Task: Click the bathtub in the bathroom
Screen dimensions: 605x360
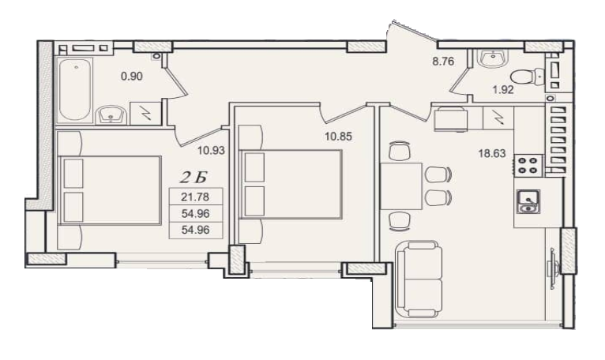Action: pyautogui.click(x=76, y=89)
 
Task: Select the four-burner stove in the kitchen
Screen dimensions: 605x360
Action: pyautogui.click(x=528, y=166)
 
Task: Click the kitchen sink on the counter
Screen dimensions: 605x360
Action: pyautogui.click(x=528, y=202)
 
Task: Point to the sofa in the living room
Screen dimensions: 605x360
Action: pyautogui.click(x=419, y=279)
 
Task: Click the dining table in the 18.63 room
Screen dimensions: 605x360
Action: pyautogui.click(x=401, y=186)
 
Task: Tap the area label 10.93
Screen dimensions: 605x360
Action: pyautogui.click(x=211, y=151)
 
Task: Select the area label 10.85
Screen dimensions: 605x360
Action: pyautogui.click(x=338, y=137)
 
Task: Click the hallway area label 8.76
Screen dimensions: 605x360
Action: pyautogui.click(x=443, y=62)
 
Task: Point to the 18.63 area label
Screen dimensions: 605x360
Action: pyautogui.click(x=492, y=154)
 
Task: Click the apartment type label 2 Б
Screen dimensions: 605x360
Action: pyautogui.click(x=194, y=177)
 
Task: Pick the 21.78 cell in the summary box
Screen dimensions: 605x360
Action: pyautogui.click(x=196, y=197)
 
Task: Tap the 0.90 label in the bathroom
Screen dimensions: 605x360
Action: pyautogui.click(x=132, y=77)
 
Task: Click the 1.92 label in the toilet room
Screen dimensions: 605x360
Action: pyautogui.click(x=503, y=90)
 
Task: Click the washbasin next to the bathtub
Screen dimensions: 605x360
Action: pyautogui.click(x=111, y=114)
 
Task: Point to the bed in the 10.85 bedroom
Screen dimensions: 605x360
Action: pyautogui.click(x=291, y=185)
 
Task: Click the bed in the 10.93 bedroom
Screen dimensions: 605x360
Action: pyautogui.click(x=109, y=189)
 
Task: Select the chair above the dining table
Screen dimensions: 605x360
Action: pyautogui.click(x=400, y=151)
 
